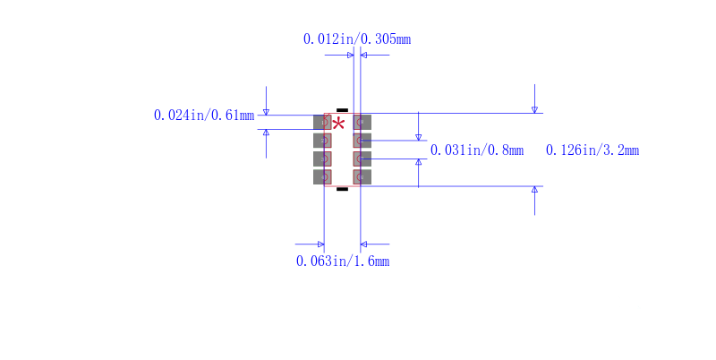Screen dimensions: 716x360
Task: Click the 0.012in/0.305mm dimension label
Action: pyautogui.click(x=357, y=39)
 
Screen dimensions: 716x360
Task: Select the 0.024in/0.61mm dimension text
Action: pyautogui.click(x=204, y=116)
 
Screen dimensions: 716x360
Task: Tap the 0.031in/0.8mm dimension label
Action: pyautogui.click(x=477, y=150)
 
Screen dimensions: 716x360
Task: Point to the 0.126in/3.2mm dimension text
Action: pyautogui.click(x=592, y=150)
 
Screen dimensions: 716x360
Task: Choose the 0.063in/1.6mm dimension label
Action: pyautogui.click(x=343, y=261)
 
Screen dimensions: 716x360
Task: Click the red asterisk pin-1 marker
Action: pyautogui.click(x=338, y=124)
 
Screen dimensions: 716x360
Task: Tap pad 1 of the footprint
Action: pyautogui.click(x=322, y=123)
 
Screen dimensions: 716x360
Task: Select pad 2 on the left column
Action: pyautogui.click(x=322, y=141)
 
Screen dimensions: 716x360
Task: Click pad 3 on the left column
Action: pyautogui.click(x=322, y=159)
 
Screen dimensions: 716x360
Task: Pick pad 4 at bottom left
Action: pyautogui.click(x=322, y=177)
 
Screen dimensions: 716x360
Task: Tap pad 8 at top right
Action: pyautogui.click(x=362, y=123)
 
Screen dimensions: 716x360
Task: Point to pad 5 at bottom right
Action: pyautogui.click(x=362, y=177)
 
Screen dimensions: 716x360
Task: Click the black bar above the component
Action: pyautogui.click(x=342, y=110)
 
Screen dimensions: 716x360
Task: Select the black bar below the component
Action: pyautogui.click(x=342, y=189)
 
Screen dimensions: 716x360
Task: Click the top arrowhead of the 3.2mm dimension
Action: pyautogui.click(x=534, y=109)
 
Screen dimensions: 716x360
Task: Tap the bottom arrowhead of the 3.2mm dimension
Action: pyautogui.click(x=534, y=189)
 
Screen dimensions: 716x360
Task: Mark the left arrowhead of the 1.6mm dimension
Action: pyautogui.click(x=321, y=244)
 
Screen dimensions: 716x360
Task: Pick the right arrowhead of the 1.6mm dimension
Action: pyautogui.click(x=363, y=244)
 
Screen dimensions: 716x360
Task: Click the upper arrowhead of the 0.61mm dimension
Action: pyautogui.click(x=266, y=112)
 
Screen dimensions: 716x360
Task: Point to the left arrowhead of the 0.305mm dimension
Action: pyautogui.click(x=351, y=56)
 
